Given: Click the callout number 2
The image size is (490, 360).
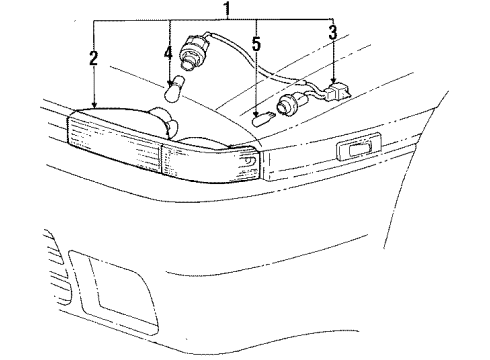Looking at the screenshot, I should pos(93,57).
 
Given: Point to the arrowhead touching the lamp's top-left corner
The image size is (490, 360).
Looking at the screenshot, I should pos(93,105).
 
